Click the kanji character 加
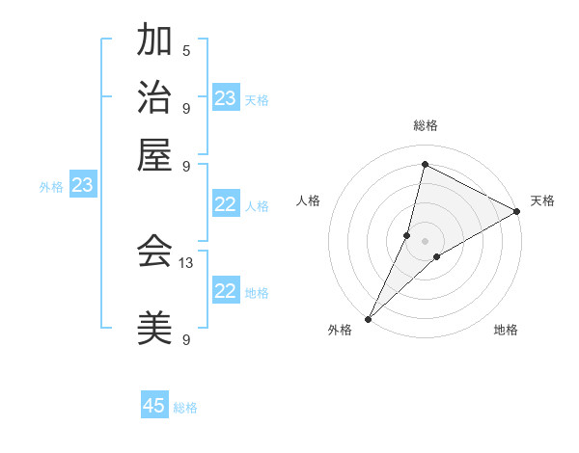tap(154, 41)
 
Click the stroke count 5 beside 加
tap(186, 50)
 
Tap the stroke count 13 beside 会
tap(186, 261)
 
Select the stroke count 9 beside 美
tap(186, 339)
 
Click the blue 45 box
tap(154, 406)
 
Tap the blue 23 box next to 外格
tap(82, 185)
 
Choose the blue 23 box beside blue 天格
tap(226, 98)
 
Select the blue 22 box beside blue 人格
tap(226, 204)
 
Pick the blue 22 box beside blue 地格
tap(226, 291)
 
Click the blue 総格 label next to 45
tap(185, 408)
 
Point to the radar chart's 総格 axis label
tap(425, 125)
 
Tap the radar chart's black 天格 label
tap(542, 200)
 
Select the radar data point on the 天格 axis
tap(517, 211)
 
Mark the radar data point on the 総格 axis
tap(425, 165)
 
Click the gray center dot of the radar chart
tap(425, 241)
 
